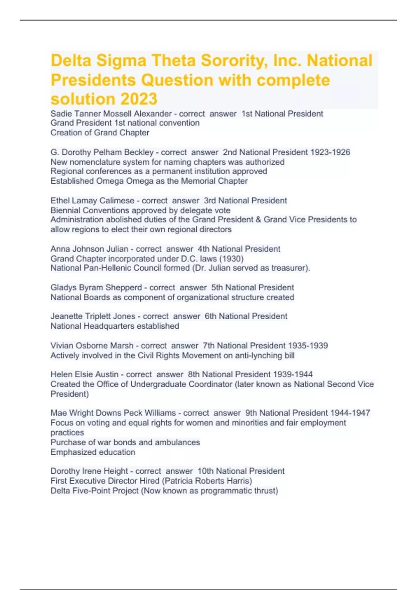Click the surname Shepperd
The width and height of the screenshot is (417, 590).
coord(123,287)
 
